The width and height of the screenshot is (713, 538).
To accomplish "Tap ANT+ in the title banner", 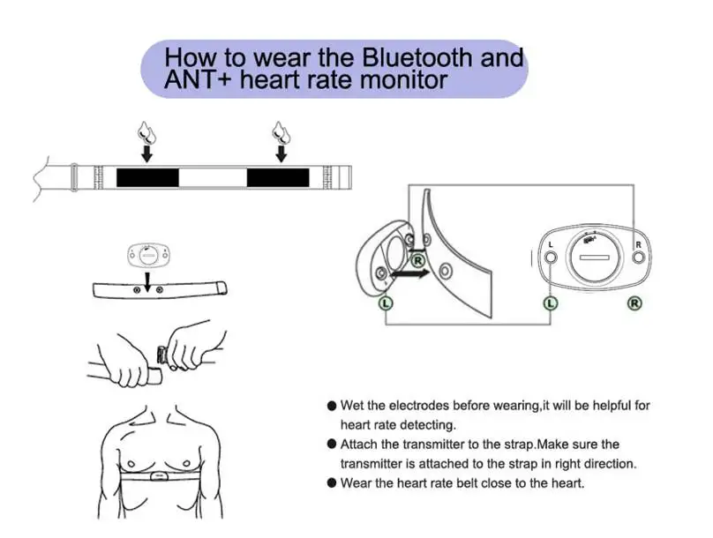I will point(191,81).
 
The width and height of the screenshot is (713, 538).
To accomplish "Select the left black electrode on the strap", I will point(147,177).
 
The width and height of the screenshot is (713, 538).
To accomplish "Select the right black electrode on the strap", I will point(278,177).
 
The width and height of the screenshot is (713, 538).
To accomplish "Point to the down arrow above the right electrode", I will point(281,154).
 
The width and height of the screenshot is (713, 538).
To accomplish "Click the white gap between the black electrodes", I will point(213,177).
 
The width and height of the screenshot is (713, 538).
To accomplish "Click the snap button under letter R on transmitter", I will point(640,258).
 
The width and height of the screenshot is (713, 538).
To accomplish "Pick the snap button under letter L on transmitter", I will point(550,258).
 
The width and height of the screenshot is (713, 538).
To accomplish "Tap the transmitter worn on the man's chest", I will point(157,477).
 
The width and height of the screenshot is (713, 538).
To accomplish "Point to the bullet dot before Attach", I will point(332,445).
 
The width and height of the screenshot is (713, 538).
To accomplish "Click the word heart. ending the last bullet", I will point(565,483).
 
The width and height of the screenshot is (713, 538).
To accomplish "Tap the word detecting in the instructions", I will point(426,425).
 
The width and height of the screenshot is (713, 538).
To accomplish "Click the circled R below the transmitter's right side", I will point(634,304).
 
